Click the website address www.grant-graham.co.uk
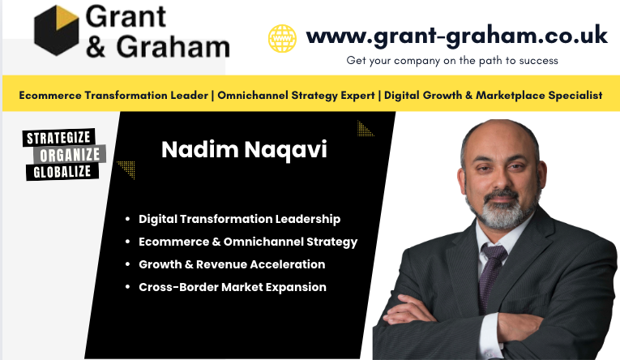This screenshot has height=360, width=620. click(x=456, y=36)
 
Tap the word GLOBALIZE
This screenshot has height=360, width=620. click(x=62, y=171)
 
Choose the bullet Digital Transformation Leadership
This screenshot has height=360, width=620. click(x=239, y=219)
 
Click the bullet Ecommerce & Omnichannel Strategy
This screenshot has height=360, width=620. click(x=247, y=242)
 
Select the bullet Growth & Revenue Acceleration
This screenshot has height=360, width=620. click(x=232, y=264)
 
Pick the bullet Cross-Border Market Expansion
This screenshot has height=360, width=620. click(x=233, y=287)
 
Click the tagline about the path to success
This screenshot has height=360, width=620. click(x=452, y=60)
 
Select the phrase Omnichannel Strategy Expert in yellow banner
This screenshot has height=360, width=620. click(x=297, y=95)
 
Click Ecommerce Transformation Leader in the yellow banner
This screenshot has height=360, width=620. click(x=114, y=95)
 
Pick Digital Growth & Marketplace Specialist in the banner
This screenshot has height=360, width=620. click(x=493, y=95)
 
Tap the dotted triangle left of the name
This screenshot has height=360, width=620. click(x=126, y=169)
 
